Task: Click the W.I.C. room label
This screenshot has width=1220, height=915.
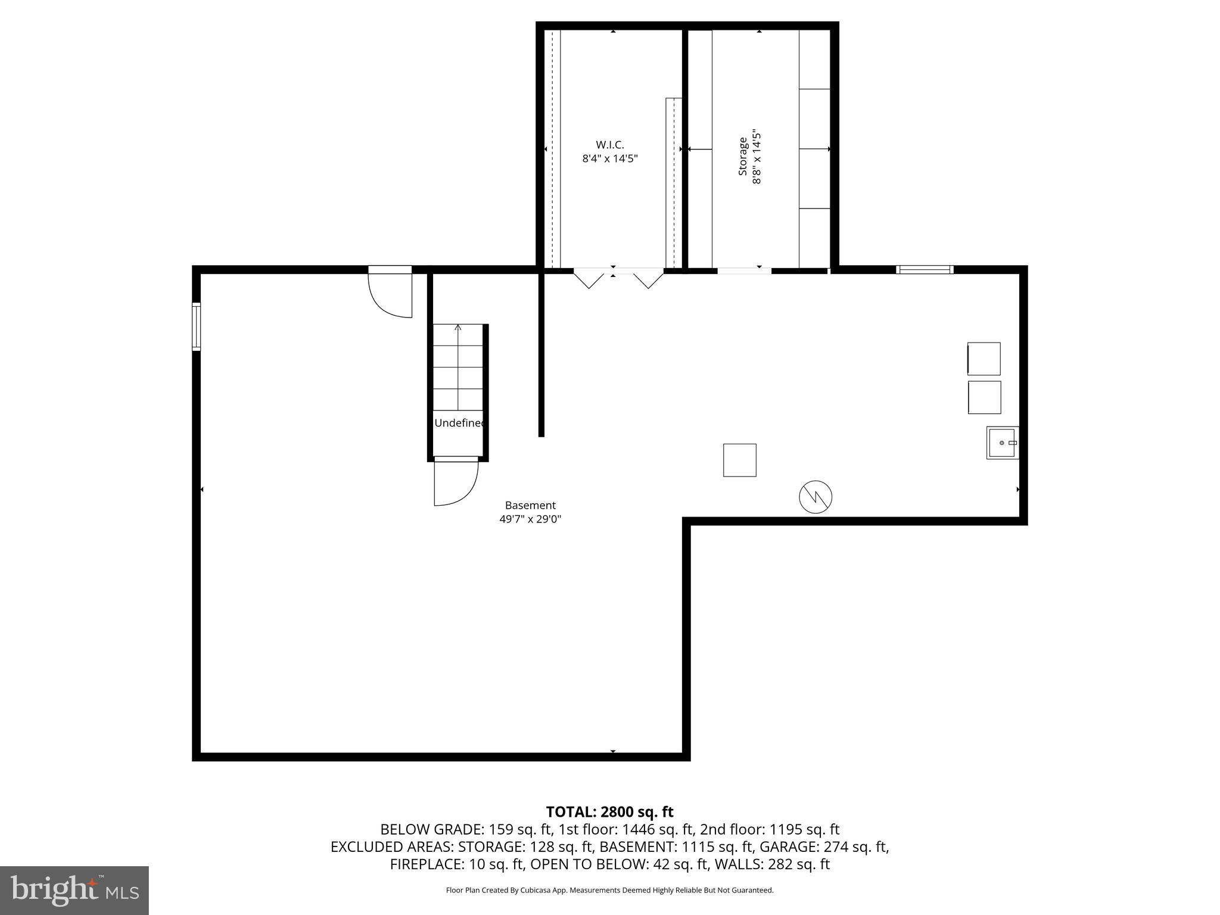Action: tap(609, 145)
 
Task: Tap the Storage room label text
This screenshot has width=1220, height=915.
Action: tap(743, 157)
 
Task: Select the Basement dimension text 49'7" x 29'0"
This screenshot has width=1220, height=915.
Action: tap(530, 519)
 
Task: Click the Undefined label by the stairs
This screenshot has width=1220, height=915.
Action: tap(459, 423)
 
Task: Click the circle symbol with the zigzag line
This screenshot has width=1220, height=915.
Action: tap(815, 497)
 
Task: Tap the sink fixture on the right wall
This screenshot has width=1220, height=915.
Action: tap(1002, 443)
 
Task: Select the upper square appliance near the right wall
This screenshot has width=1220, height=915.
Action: tap(984, 359)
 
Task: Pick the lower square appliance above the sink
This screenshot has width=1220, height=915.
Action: tap(984, 397)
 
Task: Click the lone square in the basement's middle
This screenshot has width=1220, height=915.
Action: tap(739, 460)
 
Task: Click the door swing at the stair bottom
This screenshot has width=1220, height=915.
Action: tap(456, 481)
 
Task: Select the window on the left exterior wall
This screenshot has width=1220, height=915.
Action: tap(196, 326)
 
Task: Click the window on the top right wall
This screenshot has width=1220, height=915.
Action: tap(925, 270)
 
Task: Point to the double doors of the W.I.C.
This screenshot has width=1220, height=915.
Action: tap(618, 278)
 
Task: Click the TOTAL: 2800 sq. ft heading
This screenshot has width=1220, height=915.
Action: tap(609, 812)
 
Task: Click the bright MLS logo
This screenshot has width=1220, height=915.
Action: tap(74, 891)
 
